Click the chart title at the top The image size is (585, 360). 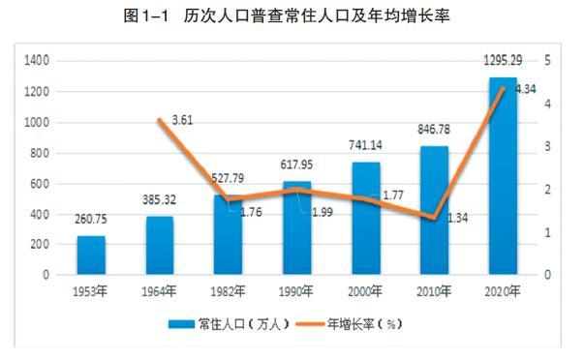[292, 15]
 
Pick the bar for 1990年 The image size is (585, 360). [296, 227]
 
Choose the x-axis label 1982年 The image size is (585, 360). [229, 291]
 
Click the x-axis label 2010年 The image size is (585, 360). [434, 291]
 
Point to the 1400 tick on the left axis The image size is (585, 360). [38, 60]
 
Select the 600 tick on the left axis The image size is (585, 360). [41, 183]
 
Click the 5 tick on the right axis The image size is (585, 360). [549, 60]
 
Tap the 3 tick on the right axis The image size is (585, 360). [549, 146]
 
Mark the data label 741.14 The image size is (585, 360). [365, 145]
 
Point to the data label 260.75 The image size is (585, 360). [92, 219]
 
